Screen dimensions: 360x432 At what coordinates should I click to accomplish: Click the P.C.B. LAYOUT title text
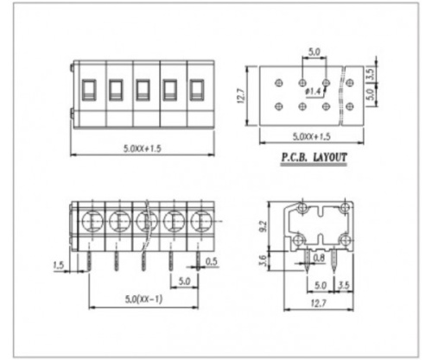pyautogui.click(x=313, y=159)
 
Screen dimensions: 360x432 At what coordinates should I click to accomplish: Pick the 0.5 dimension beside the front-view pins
pyautogui.click(x=213, y=262)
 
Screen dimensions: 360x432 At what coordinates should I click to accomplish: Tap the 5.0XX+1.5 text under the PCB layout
pyautogui.click(x=312, y=136)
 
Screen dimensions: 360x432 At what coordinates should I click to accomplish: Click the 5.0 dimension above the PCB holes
pyautogui.click(x=314, y=54)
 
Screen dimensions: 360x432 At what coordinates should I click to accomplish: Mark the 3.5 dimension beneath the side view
pyautogui.click(x=345, y=284)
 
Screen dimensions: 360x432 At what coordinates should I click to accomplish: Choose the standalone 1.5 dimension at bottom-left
pyautogui.click(x=59, y=264)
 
